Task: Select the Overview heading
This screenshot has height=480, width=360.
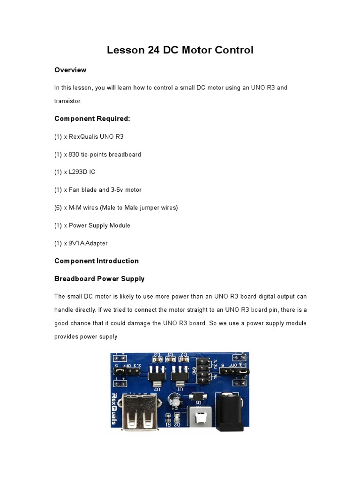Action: coord(70,70)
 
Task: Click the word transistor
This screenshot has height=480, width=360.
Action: coord(68,101)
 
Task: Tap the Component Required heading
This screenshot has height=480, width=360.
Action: coord(92,119)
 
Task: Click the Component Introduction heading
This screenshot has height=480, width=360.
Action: coord(97,261)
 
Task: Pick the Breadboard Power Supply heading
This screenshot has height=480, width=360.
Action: coord(99,278)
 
